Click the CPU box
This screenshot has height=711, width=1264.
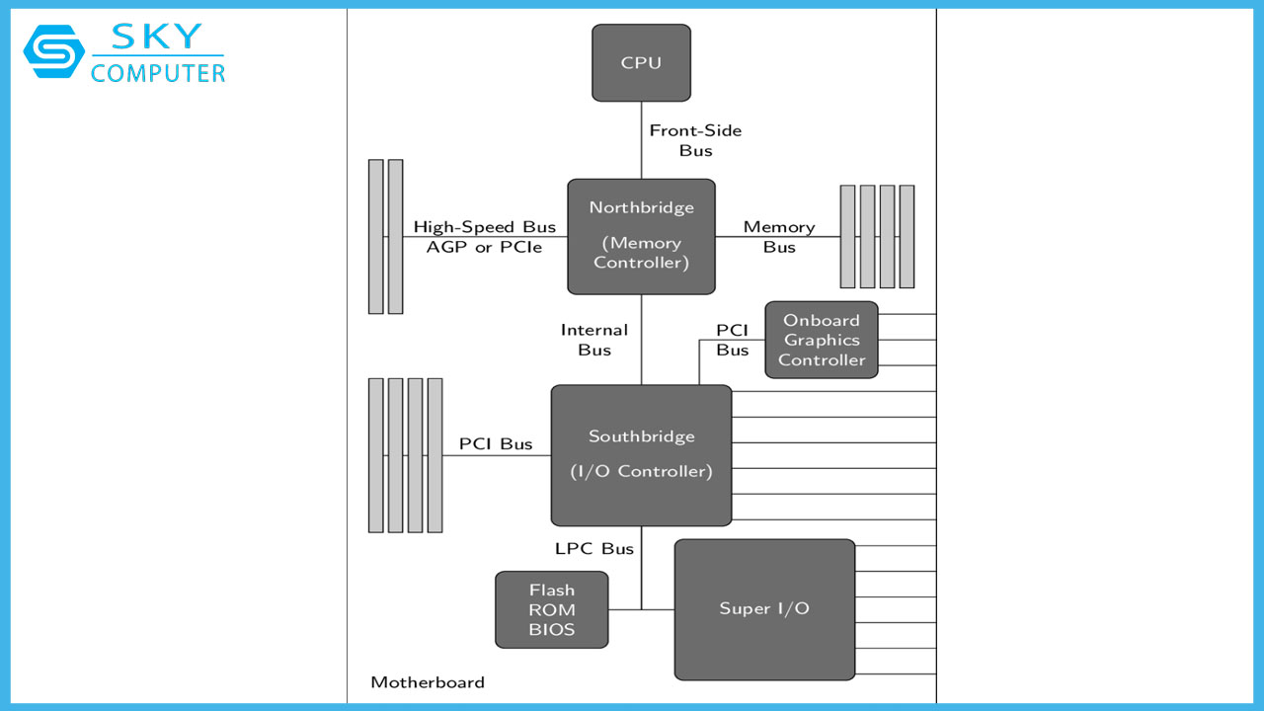click(x=641, y=63)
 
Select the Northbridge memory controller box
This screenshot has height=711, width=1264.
click(x=641, y=236)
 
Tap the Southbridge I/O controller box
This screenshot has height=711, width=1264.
click(x=641, y=454)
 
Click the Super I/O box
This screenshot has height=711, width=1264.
click(x=764, y=609)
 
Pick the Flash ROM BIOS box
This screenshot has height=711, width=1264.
click(x=551, y=609)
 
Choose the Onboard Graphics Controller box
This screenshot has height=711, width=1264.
click(x=821, y=340)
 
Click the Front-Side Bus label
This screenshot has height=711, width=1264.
click(x=695, y=140)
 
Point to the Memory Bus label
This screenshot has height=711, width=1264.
click(x=778, y=237)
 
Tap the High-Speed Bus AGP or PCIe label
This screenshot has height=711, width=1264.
click(x=484, y=237)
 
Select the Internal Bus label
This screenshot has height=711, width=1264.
click(x=593, y=340)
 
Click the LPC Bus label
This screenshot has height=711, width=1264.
click(x=593, y=548)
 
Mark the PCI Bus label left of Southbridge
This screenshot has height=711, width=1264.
click(x=495, y=444)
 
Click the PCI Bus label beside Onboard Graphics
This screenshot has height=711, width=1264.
click(x=732, y=340)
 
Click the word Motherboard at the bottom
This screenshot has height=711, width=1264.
click(x=427, y=682)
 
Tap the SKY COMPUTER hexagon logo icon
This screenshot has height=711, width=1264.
click(x=54, y=51)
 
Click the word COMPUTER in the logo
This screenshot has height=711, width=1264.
click(x=157, y=73)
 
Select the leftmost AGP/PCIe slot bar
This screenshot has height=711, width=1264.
click(x=375, y=237)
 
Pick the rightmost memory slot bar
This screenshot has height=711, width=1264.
click(x=907, y=237)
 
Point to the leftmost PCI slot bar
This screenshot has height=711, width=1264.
click(x=375, y=454)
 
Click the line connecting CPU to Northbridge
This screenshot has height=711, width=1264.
click(x=641, y=140)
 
